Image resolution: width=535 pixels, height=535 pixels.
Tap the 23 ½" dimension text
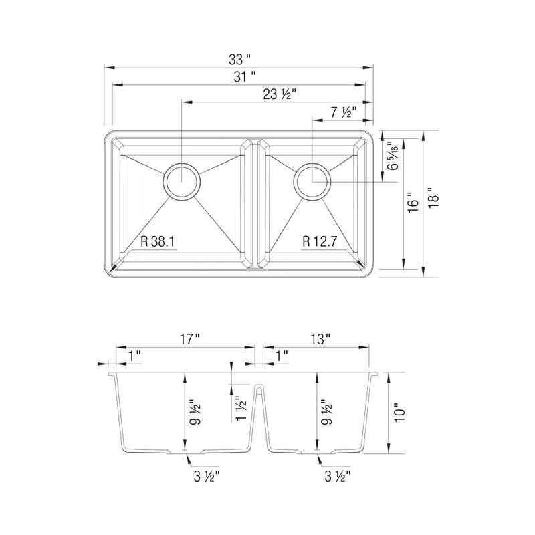(x=280, y=94)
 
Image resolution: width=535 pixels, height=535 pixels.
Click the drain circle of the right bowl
(x=312, y=181)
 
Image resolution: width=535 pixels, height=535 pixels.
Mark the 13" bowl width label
(x=320, y=340)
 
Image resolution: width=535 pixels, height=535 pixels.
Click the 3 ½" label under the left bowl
(x=205, y=476)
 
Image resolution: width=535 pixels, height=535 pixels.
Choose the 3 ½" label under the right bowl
(x=337, y=476)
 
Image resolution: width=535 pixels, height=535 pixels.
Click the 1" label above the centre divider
(x=281, y=356)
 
